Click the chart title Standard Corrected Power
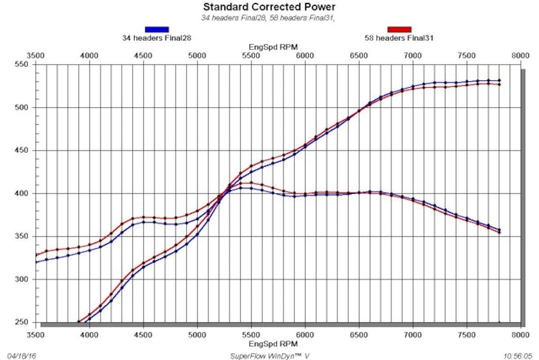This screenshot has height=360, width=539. [x=269, y=7]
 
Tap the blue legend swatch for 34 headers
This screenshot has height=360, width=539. [x=157, y=30]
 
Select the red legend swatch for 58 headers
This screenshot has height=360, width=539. [x=399, y=30]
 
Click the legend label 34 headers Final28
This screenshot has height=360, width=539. [x=157, y=38]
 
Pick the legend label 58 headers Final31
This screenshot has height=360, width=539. [x=399, y=38]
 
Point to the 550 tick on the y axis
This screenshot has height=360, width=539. [x=22, y=65]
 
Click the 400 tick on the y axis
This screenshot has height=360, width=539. [x=22, y=194]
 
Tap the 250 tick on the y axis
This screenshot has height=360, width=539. [x=22, y=323]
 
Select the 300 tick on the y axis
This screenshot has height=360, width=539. [x=22, y=280]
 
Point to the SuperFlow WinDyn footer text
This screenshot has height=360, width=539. [x=269, y=356]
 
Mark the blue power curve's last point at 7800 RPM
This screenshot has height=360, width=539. [x=499, y=80]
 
